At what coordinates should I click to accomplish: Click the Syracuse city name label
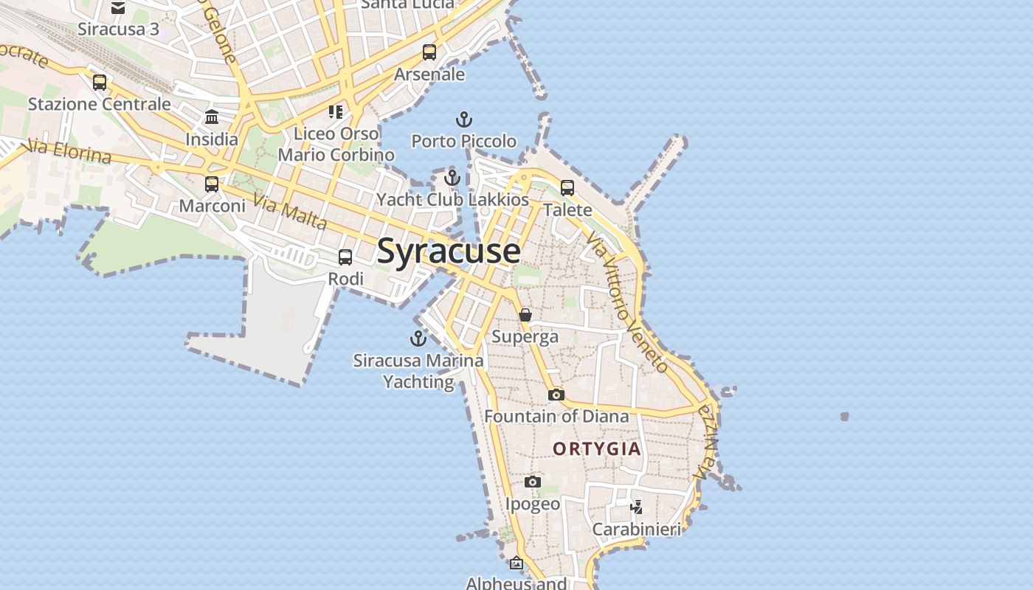click(x=449, y=251)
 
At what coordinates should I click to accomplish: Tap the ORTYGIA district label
click(x=597, y=448)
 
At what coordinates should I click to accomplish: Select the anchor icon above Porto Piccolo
click(x=463, y=119)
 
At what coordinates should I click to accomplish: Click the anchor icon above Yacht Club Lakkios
click(x=452, y=178)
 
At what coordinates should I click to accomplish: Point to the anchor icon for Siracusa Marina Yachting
click(x=418, y=339)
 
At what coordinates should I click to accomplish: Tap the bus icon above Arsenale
click(x=429, y=52)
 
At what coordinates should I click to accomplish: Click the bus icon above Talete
click(x=567, y=188)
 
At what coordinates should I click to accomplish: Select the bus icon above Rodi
click(x=345, y=257)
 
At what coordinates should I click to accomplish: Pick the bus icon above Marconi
click(x=212, y=184)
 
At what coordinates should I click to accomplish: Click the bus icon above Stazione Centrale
click(x=100, y=83)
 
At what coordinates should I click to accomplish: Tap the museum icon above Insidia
click(x=212, y=117)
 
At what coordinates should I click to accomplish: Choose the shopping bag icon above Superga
click(x=525, y=315)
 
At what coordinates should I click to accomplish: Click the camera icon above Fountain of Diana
click(x=556, y=395)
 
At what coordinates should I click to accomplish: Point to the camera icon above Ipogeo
click(x=533, y=482)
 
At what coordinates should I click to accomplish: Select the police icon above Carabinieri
click(x=636, y=507)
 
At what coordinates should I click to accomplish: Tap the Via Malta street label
click(x=289, y=211)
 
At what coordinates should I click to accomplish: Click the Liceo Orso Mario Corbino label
click(x=336, y=144)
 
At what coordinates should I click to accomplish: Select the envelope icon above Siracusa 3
click(x=118, y=8)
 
